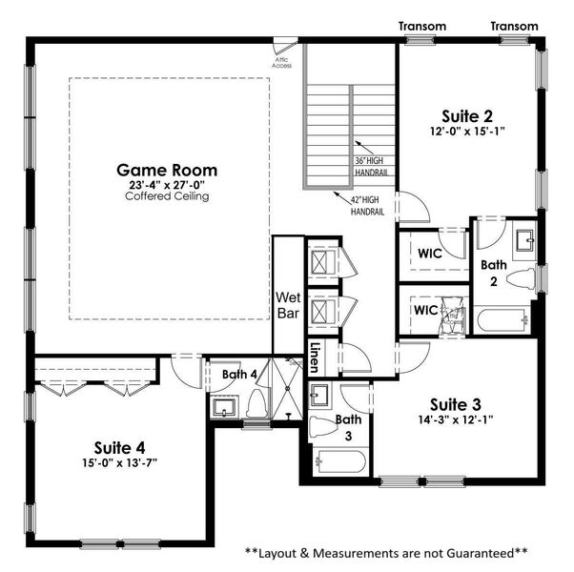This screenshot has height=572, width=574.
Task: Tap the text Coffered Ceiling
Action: click(167, 195)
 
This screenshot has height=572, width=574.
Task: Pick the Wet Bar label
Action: click(288, 304)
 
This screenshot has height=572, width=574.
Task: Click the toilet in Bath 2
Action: click(519, 279)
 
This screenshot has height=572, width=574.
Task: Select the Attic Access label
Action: click(283, 63)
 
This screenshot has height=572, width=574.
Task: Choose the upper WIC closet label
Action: click(429, 253)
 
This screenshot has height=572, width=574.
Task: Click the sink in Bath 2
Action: click(523, 240)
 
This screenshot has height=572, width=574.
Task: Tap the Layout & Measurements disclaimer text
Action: click(386, 552)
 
